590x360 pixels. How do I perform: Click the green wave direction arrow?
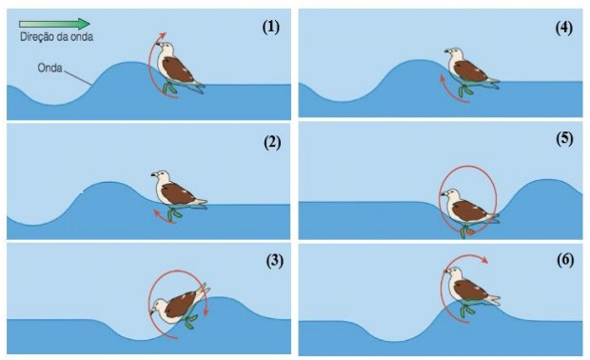(x=54, y=24)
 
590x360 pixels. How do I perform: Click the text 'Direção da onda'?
(x=56, y=37)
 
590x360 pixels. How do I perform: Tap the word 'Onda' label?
(x=49, y=69)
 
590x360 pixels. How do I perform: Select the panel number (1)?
(x=271, y=27)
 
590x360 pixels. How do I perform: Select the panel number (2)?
(x=271, y=143)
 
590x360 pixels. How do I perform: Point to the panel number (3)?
(x=274, y=261)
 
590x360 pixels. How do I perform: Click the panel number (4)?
(x=563, y=29)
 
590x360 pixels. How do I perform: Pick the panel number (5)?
(x=564, y=139)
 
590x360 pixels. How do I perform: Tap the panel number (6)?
(x=565, y=260)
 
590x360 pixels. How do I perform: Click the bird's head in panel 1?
(x=165, y=48)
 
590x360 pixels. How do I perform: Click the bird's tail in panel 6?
(x=493, y=300)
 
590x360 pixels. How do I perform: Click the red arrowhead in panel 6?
(x=484, y=260)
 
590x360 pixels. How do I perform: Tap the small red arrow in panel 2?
(x=164, y=217)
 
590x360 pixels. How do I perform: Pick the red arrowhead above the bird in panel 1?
(x=163, y=35)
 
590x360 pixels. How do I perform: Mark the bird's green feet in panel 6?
(x=466, y=310)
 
